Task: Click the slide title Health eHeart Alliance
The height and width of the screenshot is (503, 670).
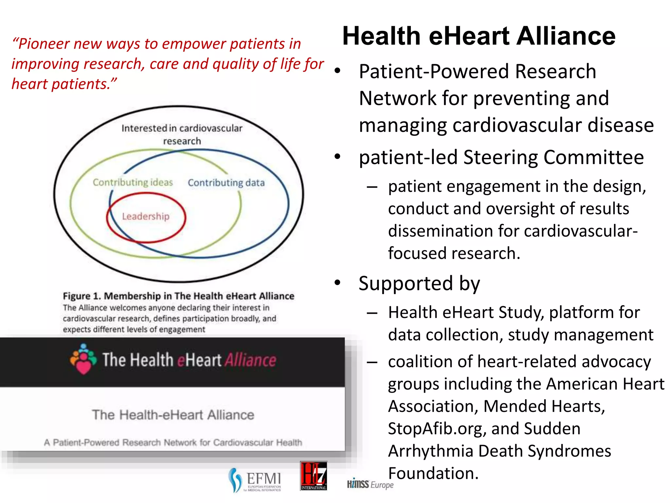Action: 479,36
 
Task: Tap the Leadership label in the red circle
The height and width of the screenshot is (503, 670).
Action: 146,216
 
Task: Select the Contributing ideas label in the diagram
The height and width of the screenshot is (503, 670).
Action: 132,182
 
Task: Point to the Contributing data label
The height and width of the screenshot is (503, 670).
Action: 226,183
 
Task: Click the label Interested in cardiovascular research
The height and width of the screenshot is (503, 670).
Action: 182,134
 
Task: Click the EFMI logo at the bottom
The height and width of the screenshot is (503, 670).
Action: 255,480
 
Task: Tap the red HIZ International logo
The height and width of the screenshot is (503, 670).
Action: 313,476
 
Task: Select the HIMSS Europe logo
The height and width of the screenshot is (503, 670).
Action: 370,484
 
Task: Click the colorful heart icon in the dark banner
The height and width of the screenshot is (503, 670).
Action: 83,359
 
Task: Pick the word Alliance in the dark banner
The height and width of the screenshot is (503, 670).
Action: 250,360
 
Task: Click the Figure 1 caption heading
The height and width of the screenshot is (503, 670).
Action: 178,296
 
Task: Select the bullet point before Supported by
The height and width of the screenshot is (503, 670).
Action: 338,283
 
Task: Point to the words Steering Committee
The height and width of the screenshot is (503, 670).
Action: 553,158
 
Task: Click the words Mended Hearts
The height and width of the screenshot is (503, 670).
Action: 544,406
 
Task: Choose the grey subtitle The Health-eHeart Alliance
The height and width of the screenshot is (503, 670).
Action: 173,415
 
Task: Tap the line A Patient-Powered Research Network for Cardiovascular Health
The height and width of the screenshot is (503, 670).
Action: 173,442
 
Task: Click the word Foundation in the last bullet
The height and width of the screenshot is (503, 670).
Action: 433,474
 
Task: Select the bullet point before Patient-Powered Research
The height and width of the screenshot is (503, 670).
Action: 338,71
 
